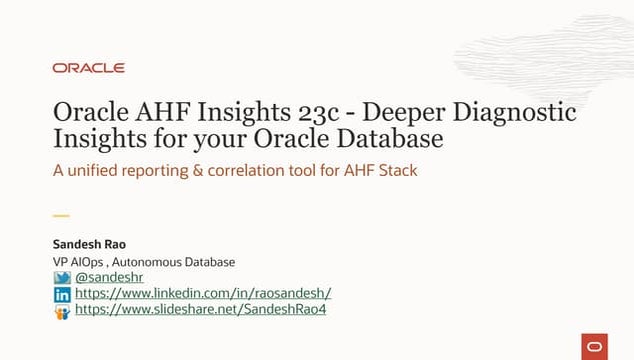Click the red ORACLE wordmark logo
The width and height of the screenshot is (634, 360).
(89, 68)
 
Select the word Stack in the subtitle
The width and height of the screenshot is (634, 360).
(396, 170)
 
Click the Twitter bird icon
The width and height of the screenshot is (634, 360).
(62, 277)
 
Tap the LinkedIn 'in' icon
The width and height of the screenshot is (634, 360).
(62, 294)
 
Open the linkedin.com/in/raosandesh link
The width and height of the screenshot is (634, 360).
(203, 294)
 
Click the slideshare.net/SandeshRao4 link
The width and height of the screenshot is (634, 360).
(201, 310)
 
